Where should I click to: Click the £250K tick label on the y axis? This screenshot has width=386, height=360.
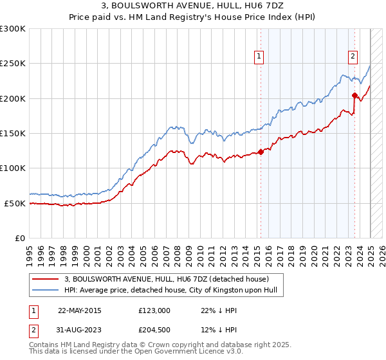[13, 64]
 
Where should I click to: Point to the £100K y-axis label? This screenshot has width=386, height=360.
[13, 168]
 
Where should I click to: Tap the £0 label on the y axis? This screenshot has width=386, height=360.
[20, 238]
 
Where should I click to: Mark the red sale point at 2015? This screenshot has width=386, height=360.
[261, 152]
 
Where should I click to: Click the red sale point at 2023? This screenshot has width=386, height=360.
[354, 95]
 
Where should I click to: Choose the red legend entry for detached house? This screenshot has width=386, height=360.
[171, 279]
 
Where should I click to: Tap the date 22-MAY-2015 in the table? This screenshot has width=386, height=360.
[80, 310]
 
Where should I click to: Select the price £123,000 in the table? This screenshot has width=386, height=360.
[154, 310]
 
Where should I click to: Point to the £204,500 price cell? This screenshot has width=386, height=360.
[154, 330]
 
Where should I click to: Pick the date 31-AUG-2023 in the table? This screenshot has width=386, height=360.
[80, 330]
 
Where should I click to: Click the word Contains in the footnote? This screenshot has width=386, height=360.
[46, 345]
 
